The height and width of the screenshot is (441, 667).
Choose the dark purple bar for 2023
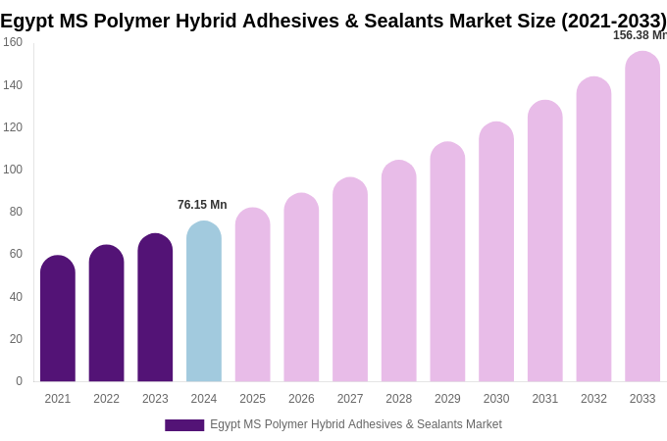(x=155, y=308)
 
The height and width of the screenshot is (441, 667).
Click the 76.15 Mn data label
(x=202, y=205)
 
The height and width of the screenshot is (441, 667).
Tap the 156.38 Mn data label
(x=640, y=35)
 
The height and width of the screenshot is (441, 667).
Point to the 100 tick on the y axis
(x=13, y=170)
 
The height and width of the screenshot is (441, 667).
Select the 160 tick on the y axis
(x=13, y=42)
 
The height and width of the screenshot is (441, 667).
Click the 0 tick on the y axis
(x=19, y=381)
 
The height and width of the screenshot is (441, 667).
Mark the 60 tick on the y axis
(x=16, y=254)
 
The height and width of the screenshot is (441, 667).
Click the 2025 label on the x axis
(x=253, y=399)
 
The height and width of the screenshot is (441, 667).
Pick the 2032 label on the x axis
(x=593, y=399)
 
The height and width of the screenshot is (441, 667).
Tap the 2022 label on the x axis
(x=107, y=399)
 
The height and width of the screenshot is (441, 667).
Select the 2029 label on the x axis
(x=447, y=399)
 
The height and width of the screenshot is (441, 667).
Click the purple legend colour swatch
(x=184, y=425)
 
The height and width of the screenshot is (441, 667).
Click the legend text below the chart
(x=356, y=424)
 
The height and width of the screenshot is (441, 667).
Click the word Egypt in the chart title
(x=28, y=21)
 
